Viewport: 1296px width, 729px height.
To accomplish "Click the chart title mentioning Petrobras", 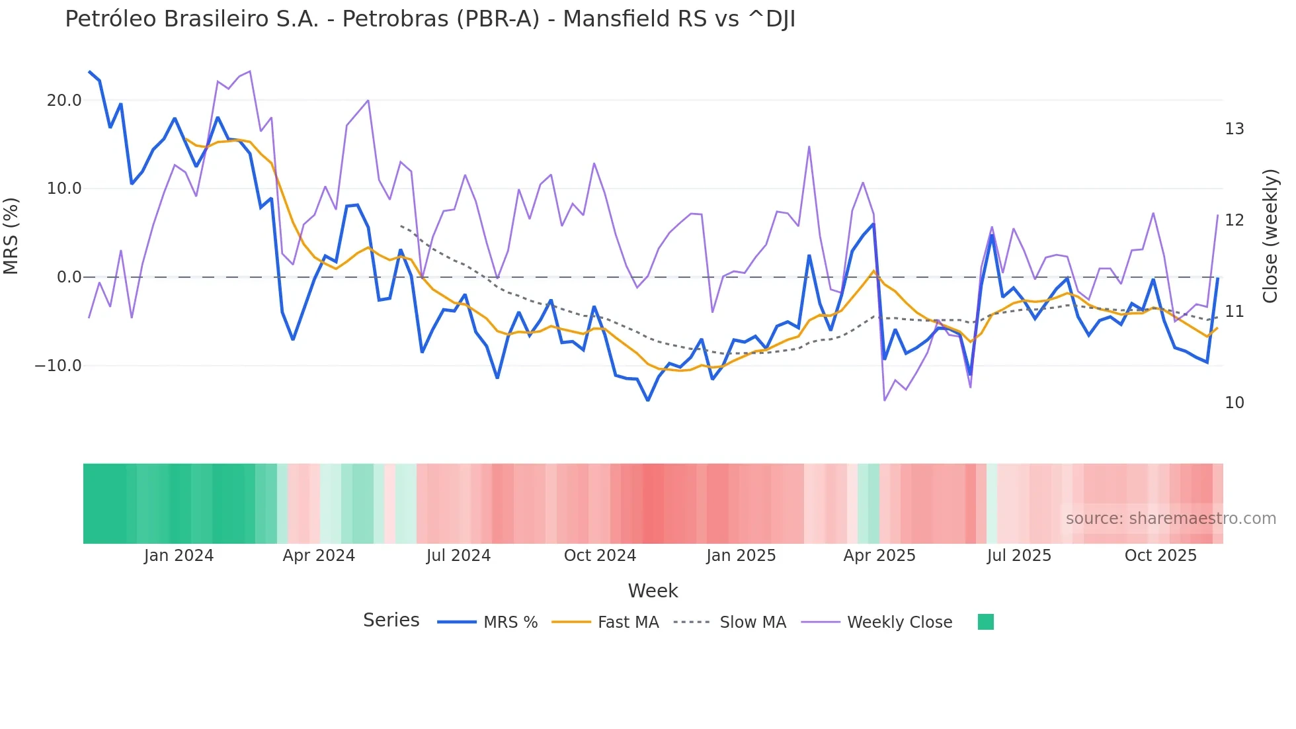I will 430,19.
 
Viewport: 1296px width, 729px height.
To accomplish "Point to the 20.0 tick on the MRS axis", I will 64,101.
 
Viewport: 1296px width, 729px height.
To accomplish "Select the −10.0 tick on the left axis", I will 58,366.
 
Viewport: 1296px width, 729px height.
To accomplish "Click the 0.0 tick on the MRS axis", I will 69,277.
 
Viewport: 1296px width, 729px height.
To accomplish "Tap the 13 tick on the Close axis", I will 1234,129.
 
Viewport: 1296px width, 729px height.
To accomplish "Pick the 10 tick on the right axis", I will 1234,403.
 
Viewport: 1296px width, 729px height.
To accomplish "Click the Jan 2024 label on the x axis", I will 179,556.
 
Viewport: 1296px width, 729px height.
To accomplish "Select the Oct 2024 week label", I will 600,556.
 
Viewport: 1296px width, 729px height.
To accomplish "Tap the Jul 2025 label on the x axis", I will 1019,556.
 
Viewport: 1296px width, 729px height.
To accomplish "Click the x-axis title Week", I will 653,591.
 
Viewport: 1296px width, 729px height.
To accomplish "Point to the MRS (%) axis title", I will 11,236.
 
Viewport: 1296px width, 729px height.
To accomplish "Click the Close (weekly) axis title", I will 1270,236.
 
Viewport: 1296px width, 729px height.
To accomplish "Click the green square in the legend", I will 985,622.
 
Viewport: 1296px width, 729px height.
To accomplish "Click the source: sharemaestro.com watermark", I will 1170,519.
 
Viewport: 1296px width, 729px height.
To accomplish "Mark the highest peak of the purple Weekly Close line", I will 249,71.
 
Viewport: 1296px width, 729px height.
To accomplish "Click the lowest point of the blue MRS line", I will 648,400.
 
